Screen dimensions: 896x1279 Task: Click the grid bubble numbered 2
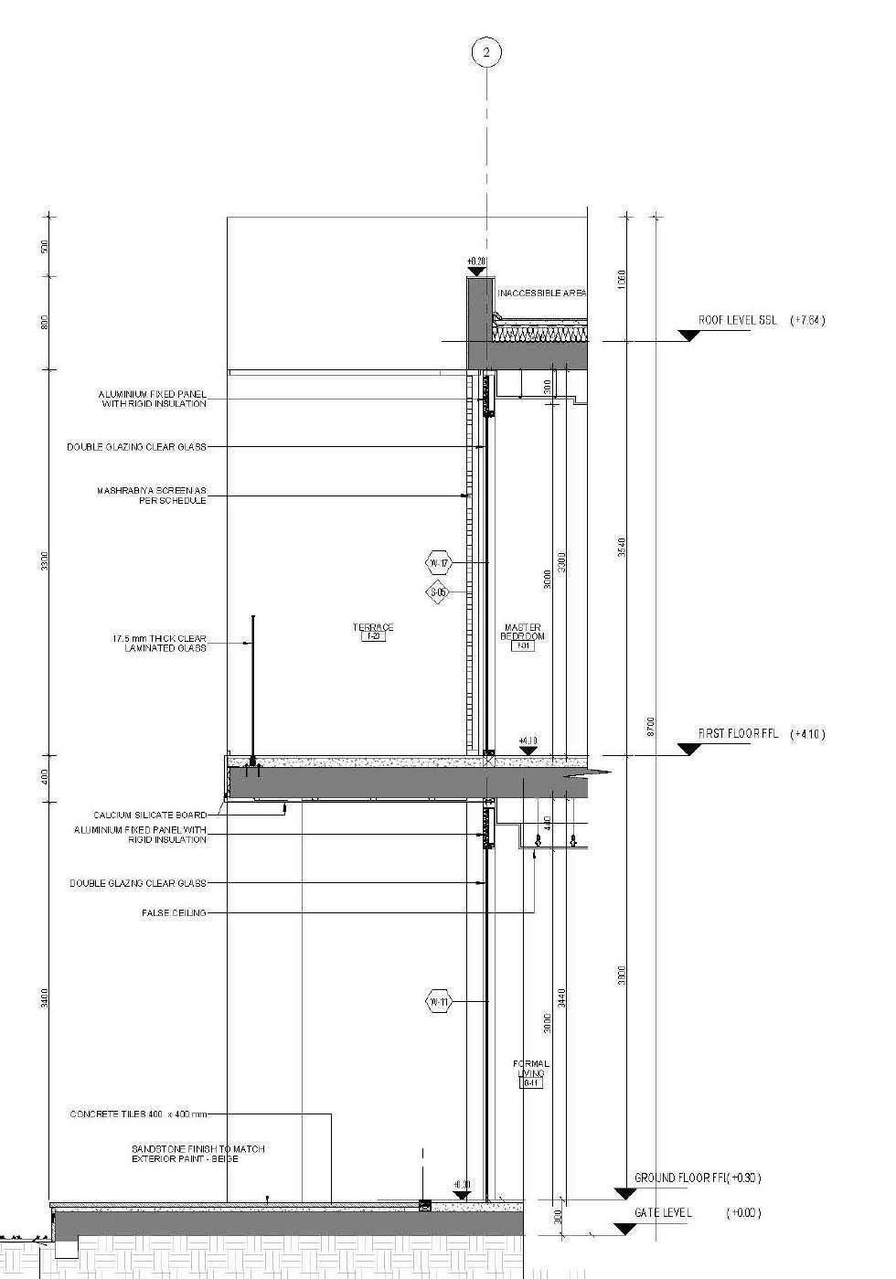coord(486,53)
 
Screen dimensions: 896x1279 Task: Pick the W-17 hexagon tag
coord(439,562)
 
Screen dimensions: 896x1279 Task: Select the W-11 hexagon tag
coord(439,1002)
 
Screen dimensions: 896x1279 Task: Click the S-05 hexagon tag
coord(439,592)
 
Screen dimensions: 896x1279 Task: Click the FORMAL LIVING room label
coord(531,1069)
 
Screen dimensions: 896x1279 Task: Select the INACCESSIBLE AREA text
coord(541,293)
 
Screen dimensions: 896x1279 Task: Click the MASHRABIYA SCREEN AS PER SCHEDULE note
coord(152,496)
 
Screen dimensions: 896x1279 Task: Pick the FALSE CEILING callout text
coord(174,912)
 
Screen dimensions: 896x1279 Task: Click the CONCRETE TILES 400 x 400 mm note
coord(139,1114)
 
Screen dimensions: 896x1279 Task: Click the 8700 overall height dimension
coord(651,727)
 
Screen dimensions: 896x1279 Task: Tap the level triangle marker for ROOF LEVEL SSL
coord(689,336)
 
